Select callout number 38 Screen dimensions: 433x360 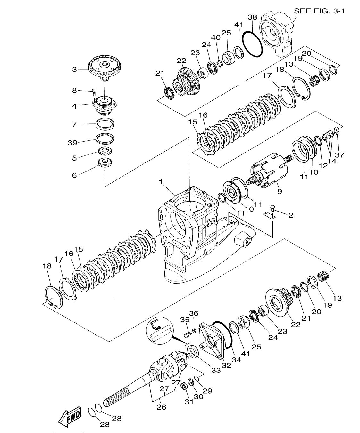coord(253,17)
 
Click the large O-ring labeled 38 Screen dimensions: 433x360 coord(252,45)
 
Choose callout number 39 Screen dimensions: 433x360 coord(72,143)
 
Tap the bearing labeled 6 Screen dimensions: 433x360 coord(105,162)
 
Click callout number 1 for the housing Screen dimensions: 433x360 coord(161,182)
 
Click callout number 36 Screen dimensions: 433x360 coord(194,313)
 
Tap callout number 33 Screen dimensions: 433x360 coord(216,370)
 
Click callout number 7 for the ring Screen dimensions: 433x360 coord(74,124)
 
